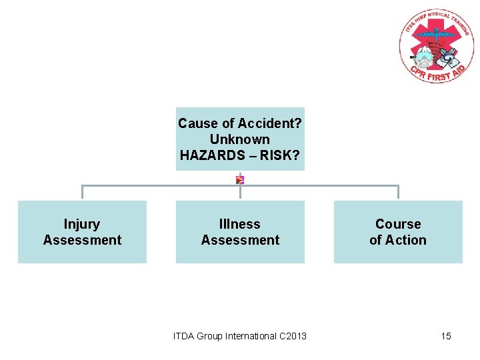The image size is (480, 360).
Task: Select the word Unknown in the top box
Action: point(240,139)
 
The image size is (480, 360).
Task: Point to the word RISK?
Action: point(281,155)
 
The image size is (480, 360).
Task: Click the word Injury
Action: point(82,224)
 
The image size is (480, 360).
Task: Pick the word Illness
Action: point(240,224)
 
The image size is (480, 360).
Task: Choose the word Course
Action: point(398,224)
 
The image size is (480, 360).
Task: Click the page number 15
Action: point(446,336)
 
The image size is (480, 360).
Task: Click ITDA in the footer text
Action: point(185,336)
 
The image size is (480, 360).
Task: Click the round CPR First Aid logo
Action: point(436,47)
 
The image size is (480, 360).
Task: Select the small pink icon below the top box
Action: point(240,180)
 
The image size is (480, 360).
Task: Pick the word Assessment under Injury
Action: point(82,240)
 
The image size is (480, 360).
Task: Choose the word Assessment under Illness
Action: point(240,240)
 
